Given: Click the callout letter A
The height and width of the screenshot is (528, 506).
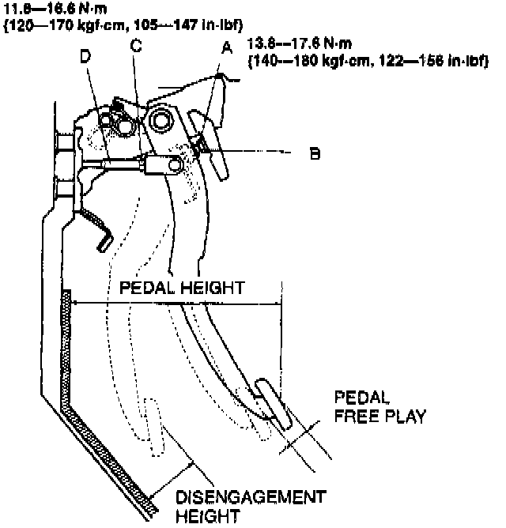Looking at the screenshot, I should click(x=227, y=48).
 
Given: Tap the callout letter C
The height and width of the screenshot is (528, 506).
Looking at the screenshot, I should click(x=136, y=47).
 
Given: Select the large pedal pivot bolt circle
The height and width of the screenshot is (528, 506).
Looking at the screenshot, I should click(x=160, y=120).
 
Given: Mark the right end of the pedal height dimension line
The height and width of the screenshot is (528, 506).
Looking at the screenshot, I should click(x=281, y=302).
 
